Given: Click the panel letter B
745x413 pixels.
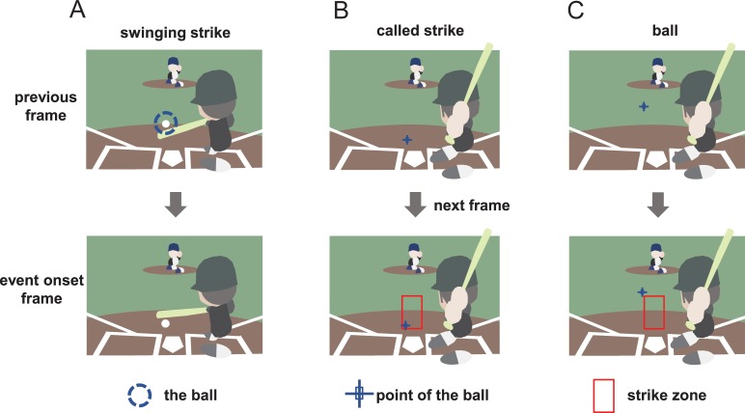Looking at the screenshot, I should point(341,12).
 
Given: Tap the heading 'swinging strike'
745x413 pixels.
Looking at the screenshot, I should point(175,32).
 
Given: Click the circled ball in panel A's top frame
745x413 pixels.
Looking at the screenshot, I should point(166,124).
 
